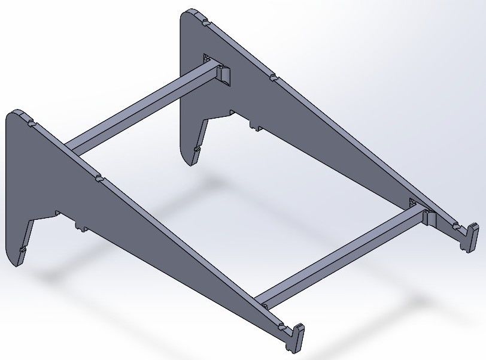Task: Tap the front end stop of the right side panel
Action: (x=471, y=235)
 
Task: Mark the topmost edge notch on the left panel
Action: (x=31, y=122)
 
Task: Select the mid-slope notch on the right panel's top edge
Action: (x=272, y=77)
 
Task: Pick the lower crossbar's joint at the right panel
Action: (x=426, y=216)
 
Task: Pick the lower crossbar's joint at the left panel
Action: (x=263, y=303)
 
